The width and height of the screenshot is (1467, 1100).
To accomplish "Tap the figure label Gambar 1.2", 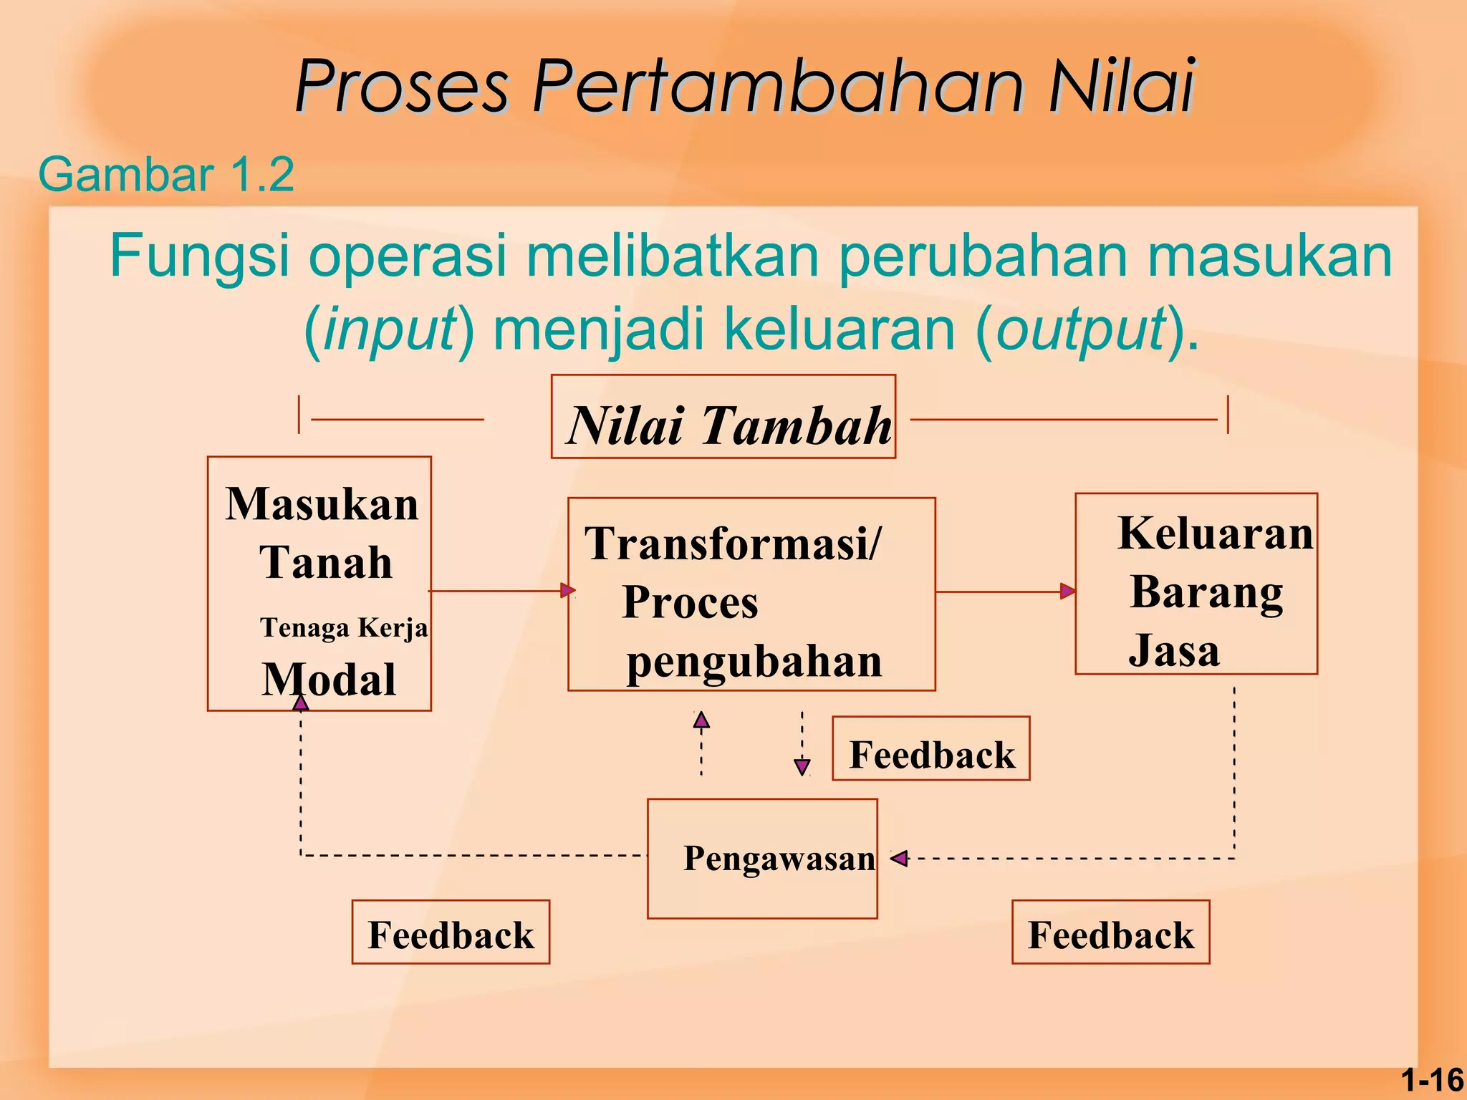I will point(166,174).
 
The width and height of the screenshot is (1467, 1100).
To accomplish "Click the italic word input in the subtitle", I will point(390,329).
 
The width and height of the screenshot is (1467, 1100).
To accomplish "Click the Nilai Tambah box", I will point(723,418).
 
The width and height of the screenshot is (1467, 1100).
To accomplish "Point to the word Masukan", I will point(322,504).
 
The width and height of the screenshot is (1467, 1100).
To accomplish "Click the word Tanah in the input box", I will point(326,562).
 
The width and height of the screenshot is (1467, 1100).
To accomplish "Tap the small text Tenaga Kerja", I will point(344,628).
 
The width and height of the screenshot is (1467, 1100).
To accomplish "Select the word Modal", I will point(329,679).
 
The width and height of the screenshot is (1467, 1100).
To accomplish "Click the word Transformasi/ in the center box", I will point(732,544).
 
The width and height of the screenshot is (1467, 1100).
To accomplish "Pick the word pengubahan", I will point(754,661).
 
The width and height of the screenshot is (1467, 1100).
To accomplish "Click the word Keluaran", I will point(1216,534).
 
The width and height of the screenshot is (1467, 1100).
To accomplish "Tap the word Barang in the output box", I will point(1207,593).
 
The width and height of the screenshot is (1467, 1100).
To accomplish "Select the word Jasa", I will point(1174,650).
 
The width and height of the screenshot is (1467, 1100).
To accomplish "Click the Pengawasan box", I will point(762,859).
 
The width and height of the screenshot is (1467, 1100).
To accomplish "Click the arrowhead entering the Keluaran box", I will point(1067,592).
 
